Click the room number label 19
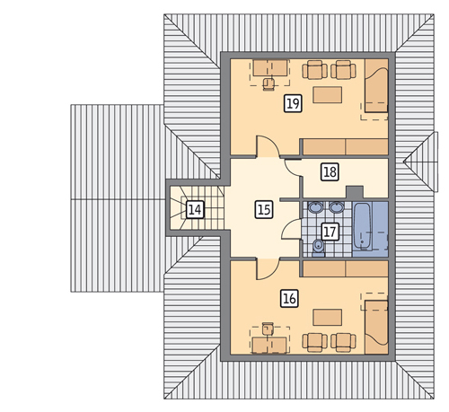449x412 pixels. tap(293, 103)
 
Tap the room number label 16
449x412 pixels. tap(289, 299)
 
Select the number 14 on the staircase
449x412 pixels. tap(195, 209)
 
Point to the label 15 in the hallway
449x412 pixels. tap(264, 209)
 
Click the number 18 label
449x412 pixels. tap(330, 172)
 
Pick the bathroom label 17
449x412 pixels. tap(330, 232)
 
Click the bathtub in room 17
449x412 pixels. tap(363, 227)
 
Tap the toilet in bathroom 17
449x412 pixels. tap(318, 249)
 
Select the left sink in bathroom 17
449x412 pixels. tap(316, 207)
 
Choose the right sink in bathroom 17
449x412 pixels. tap(337, 207)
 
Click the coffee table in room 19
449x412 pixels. tap(328, 95)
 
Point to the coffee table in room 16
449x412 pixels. tap(328, 318)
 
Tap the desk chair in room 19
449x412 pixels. tap(269, 83)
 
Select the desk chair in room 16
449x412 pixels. tap(268, 329)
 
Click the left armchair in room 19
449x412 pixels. tap(314, 70)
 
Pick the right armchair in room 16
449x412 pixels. tap(343, 342)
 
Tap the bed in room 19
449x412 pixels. tap(376, 85)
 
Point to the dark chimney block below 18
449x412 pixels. tap(355, 192)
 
